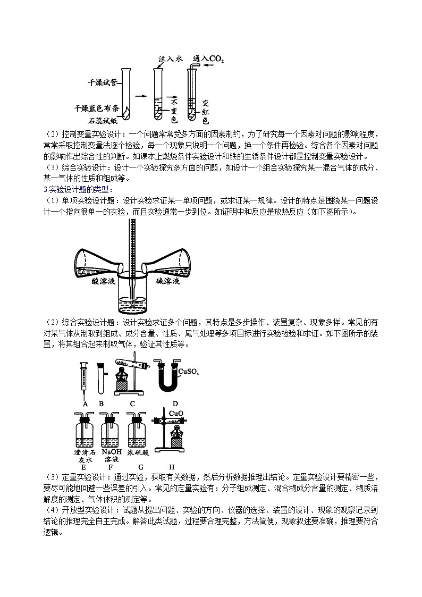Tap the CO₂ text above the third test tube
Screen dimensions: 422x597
point(216,58)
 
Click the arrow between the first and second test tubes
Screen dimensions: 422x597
point(140,96)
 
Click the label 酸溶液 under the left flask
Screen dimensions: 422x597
point(104,282)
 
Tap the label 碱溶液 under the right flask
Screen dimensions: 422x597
point(168,282)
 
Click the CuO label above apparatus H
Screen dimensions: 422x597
point(176,413)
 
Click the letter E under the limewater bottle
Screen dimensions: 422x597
point(84,467)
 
